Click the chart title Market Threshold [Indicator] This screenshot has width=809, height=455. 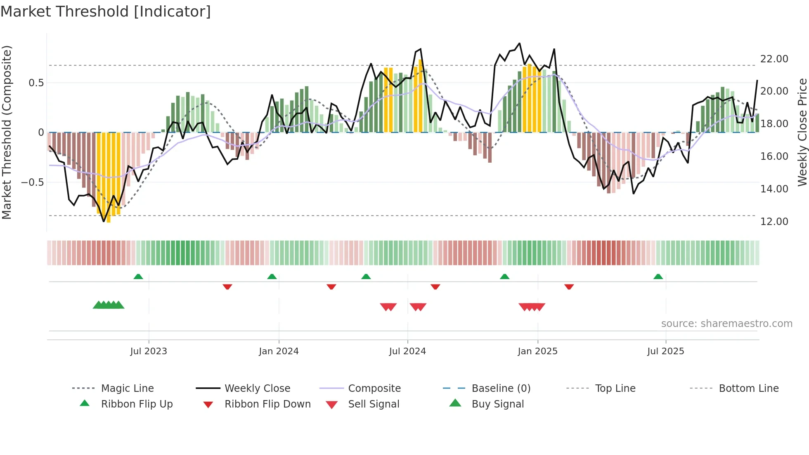coord(106,12)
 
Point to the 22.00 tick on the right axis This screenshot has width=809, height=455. coord(774,59)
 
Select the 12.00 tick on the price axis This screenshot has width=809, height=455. coord(774,222)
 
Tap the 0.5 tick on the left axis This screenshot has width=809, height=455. coord(36,83)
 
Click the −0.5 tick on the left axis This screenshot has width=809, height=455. coord(32,182)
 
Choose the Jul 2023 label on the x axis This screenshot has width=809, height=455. coord(149,351)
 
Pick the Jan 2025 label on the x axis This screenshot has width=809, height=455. coord(537,351)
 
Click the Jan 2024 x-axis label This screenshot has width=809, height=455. coord(279,351)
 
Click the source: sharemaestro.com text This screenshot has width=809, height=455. coord(726,324)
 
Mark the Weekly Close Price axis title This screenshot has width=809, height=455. coord(802,132)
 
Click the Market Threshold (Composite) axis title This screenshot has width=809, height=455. coord(7,132)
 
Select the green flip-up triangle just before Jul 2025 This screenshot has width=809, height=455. coord(658,277)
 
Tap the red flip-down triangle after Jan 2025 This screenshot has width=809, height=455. coord(569,287)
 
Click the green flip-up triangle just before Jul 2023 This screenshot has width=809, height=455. coord(138,277)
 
